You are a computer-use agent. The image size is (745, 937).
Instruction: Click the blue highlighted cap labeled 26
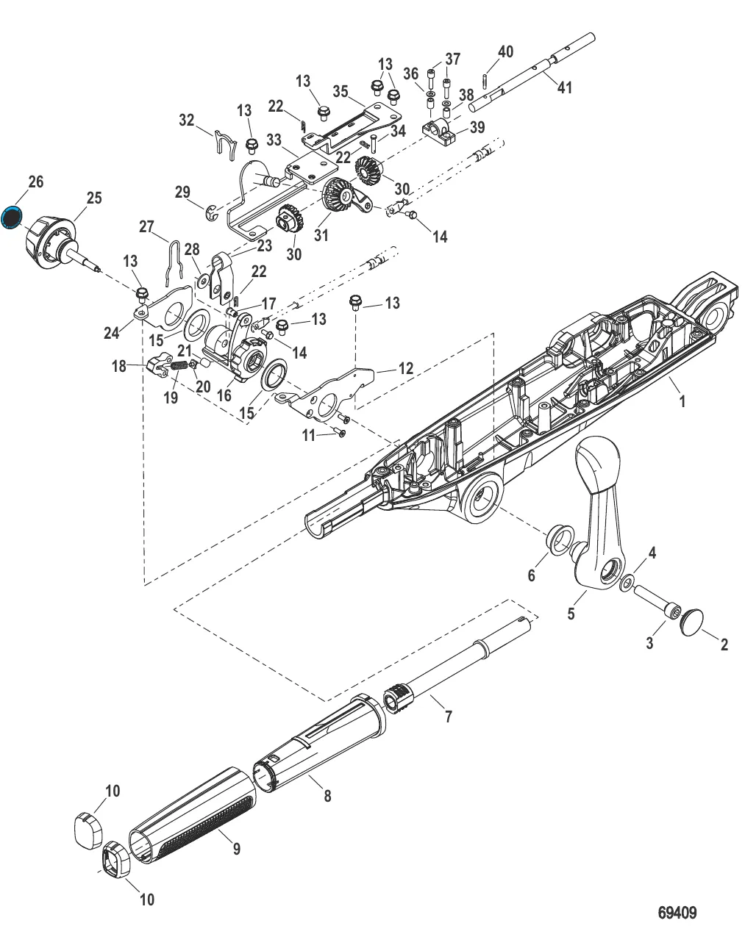pos(13,218)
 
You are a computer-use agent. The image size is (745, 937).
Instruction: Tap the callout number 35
pos(340,92)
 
